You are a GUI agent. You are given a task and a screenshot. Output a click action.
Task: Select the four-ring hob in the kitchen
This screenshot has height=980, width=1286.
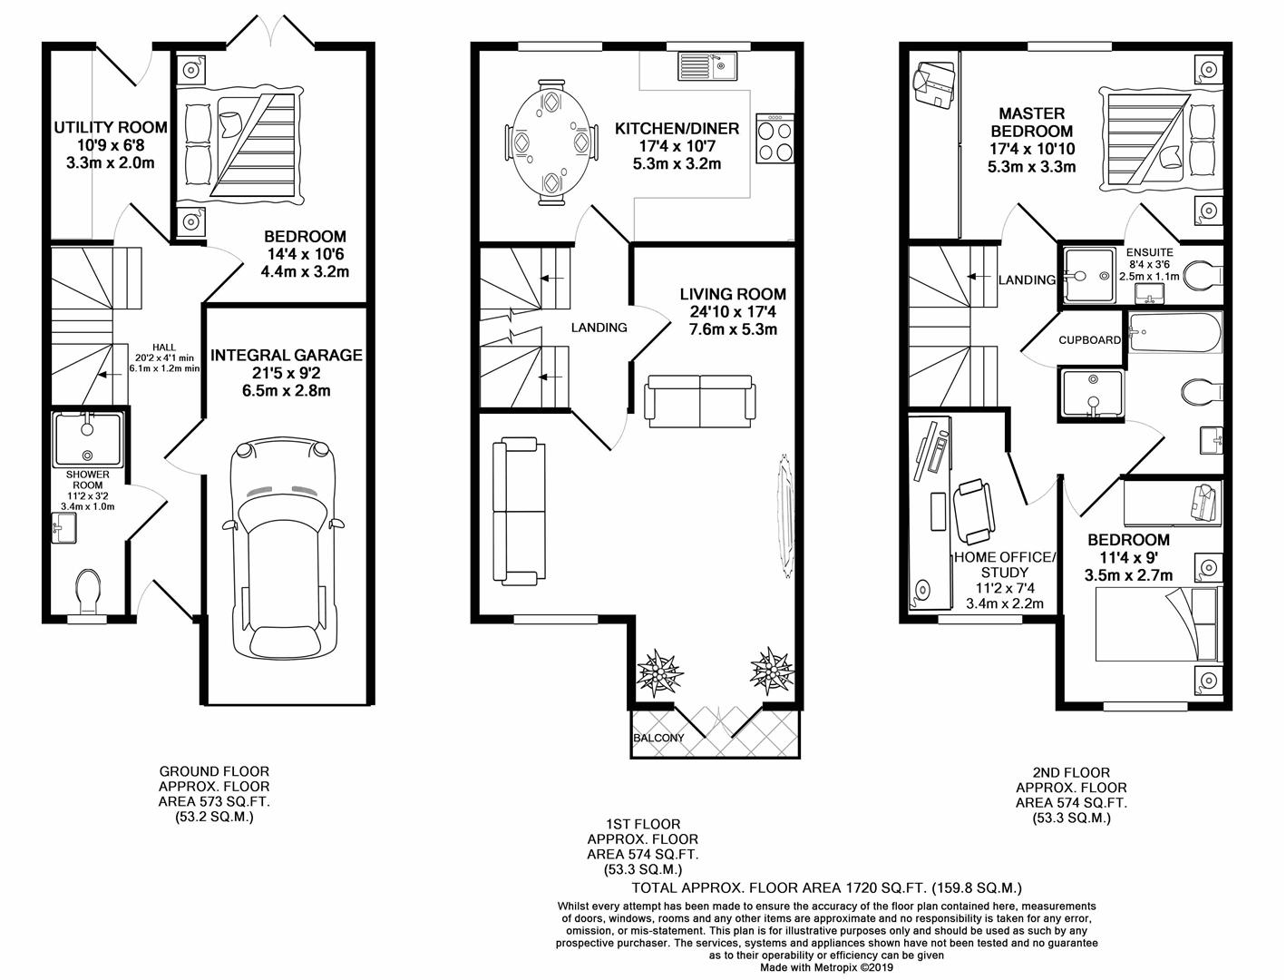tap(774, 138)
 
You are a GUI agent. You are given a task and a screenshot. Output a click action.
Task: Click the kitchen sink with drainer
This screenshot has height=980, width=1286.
tap(710, 66)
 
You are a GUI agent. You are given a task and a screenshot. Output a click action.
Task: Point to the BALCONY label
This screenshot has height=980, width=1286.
tap(659, 738)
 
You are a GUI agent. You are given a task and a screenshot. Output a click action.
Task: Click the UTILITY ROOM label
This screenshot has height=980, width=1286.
tap(110, 127)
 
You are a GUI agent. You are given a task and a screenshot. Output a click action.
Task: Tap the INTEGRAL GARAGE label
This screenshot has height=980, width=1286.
tap(286, 355)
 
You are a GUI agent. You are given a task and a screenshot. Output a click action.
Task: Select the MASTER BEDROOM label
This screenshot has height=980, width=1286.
tap(1031, 122)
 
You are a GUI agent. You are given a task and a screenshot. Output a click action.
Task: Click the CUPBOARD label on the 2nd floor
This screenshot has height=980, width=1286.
tap(1089, 340)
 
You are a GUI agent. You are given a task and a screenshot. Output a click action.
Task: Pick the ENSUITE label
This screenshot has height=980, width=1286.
tap(1149, 252)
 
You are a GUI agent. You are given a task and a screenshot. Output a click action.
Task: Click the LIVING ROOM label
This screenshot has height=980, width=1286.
tap(733, 294)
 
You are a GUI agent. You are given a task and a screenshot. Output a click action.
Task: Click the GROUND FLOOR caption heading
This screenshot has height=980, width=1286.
tap(214, 771)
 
